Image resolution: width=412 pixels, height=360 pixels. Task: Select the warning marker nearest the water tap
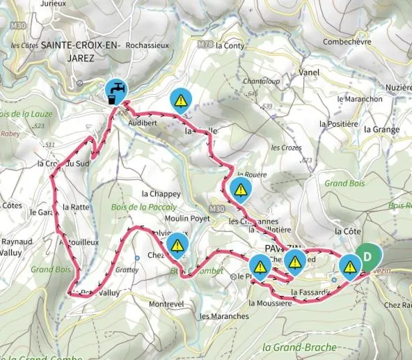click(x=180, y=100)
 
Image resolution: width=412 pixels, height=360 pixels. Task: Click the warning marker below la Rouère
click(x=241, y=189)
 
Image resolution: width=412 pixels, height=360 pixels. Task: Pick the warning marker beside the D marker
click(x=349, y=265)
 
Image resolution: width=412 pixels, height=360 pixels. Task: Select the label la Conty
click(x=232, y=46)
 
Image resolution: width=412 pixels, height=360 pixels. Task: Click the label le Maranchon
click(x=359, y=99)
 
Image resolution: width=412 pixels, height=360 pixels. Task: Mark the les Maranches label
click(x=223, y=316)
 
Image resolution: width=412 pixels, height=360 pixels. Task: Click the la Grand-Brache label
click(x=300, y=346)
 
